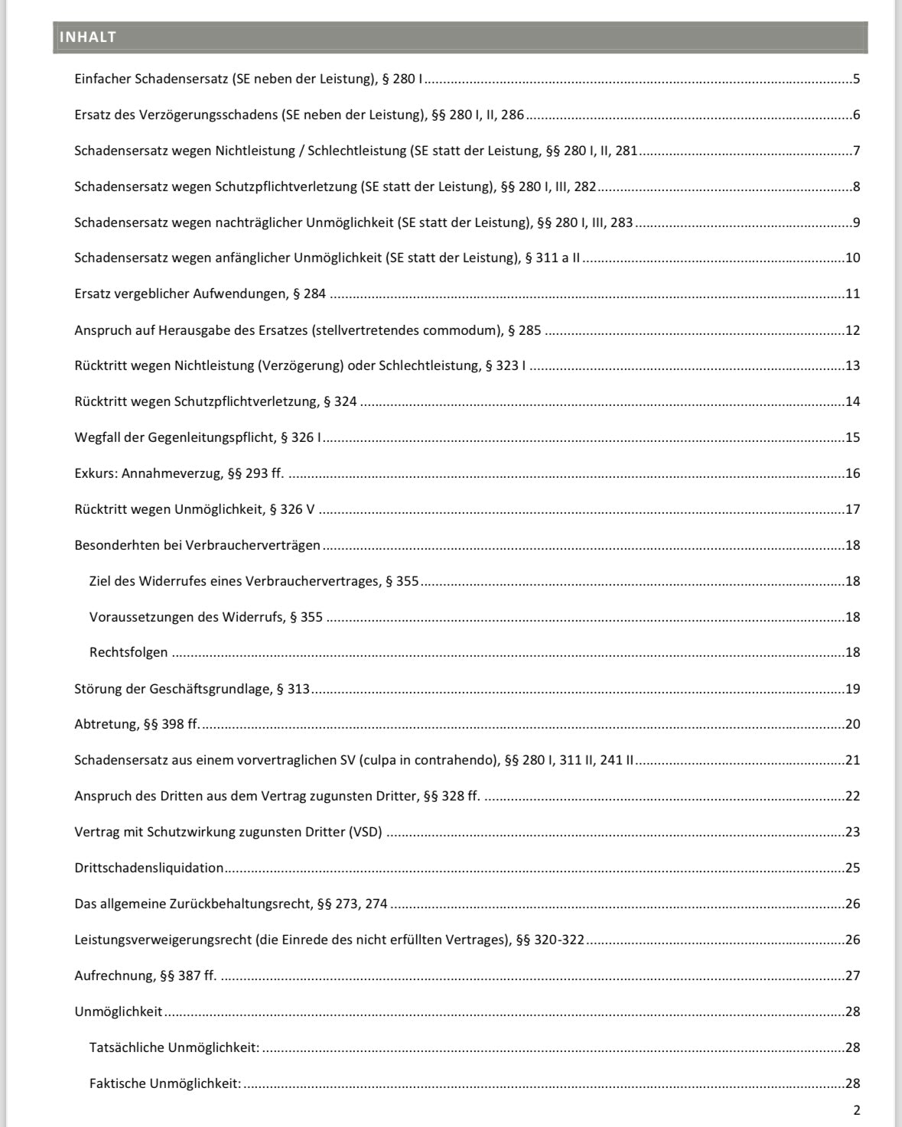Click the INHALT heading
pos(88,37)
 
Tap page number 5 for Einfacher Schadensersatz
pos(856,79)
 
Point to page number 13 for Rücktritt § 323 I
pos(852,365)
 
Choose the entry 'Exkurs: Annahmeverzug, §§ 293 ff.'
pos(179,473)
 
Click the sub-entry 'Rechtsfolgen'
pos(129,652)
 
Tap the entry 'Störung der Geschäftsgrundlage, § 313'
pos(192,689)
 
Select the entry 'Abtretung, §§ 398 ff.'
pos(137,724)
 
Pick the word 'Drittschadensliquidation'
pos(149,868)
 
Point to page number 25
pos(852,868)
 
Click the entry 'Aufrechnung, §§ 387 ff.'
pos(145,976)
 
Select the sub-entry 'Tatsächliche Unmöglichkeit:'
pos(174,1047)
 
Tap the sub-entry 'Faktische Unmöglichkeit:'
pos(165,1083)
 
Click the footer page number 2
pos(856,1110)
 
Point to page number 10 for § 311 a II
pos(852,258)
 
